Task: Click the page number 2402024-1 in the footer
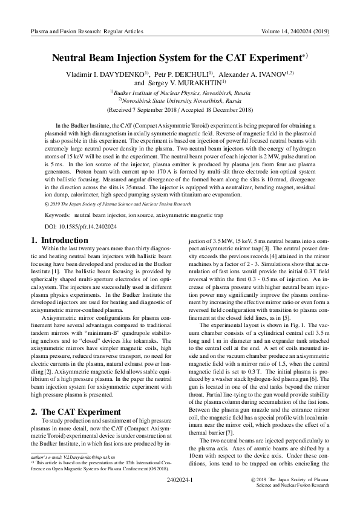coord(179,479)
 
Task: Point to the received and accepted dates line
coord(180,111)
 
